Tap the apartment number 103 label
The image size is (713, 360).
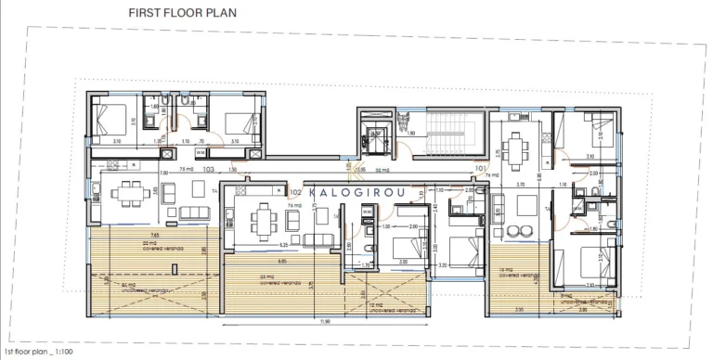point(209,170)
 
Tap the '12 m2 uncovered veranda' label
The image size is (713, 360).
point(376,305)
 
